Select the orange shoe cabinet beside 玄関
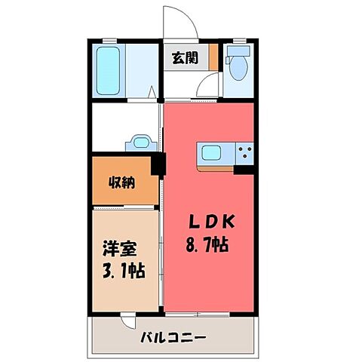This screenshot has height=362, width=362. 213,57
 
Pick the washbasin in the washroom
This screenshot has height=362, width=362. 140,142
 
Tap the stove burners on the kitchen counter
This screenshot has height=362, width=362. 245,153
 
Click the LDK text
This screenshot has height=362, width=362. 213,222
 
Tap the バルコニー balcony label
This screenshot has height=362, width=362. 173,337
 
